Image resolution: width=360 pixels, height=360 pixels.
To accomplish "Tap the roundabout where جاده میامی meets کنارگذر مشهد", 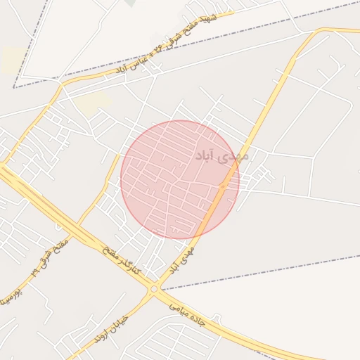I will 153,288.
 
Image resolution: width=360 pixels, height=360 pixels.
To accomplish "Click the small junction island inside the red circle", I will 222,186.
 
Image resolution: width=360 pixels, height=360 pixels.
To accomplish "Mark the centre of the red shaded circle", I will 180,179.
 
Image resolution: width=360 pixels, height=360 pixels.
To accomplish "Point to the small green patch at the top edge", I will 130,3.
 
